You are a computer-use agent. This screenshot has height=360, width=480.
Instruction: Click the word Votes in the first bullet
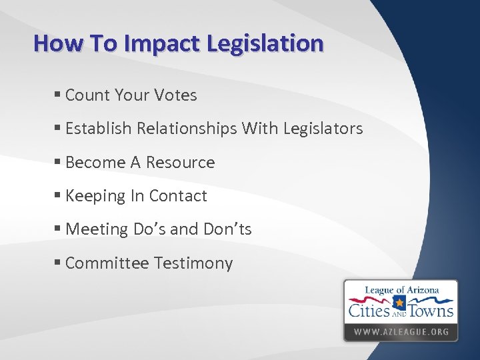point(175,95)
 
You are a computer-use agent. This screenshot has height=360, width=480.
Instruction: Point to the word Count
point(87,95)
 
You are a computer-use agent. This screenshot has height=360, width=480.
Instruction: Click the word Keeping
point(96,196)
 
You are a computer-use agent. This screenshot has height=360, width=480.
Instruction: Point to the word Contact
point(178,196)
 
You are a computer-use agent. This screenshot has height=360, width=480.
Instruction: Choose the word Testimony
point(193,263)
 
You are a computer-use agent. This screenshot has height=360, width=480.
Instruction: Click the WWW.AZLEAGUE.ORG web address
point(401,331)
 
